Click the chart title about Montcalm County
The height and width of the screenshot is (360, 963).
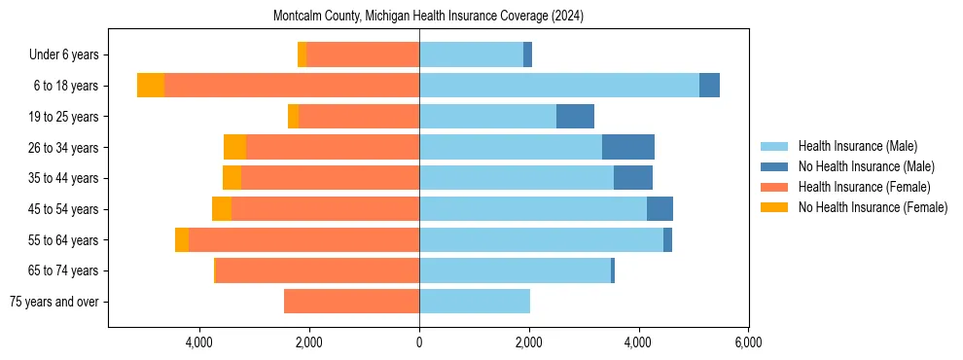pyautogui.click(x=428, y=17)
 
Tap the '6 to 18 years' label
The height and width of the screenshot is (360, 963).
pyautogui.click(x=65, y=86)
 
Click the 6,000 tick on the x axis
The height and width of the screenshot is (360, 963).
pyautogui.click(x=748, y=342)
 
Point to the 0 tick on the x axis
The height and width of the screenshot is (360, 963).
pyautogui.click(x=419, y=342)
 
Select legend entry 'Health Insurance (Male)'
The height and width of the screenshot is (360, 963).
pyautogui.click(x=857, y=146)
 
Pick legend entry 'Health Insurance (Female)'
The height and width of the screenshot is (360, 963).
pyautogui.click(x=864, y=187)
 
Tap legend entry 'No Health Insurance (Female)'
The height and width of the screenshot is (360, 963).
pyautogui.click(x=873, y=207)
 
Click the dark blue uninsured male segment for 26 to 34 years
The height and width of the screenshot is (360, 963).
pyautogui.click(x=628, y=147)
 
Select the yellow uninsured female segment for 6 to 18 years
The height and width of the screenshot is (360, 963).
pyautogui.click(x=151, y=86)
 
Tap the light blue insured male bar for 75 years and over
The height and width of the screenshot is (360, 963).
pyautogui.click(x=475, y=302)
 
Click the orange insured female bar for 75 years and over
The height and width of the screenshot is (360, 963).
pyautogui.click(x=351, y=302)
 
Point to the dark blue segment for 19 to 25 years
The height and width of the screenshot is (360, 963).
pyautogui.click(x=575, y=117)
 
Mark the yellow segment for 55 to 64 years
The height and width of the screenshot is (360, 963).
pyautogui.click(x=182, y=239)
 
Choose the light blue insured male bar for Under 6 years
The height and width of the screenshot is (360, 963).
pyautogui.click(x=471, y=54)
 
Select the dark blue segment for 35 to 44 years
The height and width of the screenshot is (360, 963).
pyautogui.click(x=633, y=178)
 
